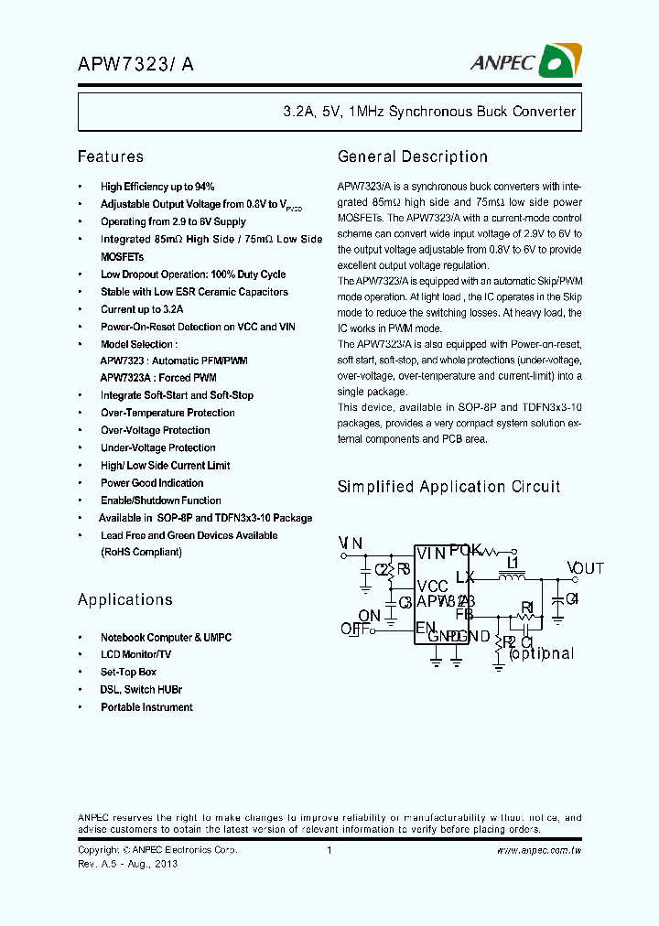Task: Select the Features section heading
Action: [110, 156]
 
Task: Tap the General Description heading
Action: [413, 156]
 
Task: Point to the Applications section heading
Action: [124, 599]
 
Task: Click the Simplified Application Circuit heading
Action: [448, 487]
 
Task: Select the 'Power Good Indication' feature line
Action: [152, 483]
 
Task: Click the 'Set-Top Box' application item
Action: [128, 672]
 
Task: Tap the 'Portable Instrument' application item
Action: [146, 707]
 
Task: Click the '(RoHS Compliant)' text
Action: [141, 553]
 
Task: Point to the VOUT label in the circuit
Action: [585, 568]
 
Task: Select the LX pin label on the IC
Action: [465, 577]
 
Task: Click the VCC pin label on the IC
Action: [432, 587]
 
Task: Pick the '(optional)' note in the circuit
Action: [541, 653]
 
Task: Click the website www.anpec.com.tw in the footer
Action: [539, 850]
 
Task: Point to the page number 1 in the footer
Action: [329, 850]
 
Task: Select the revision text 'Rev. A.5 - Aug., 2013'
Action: [127, 864]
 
